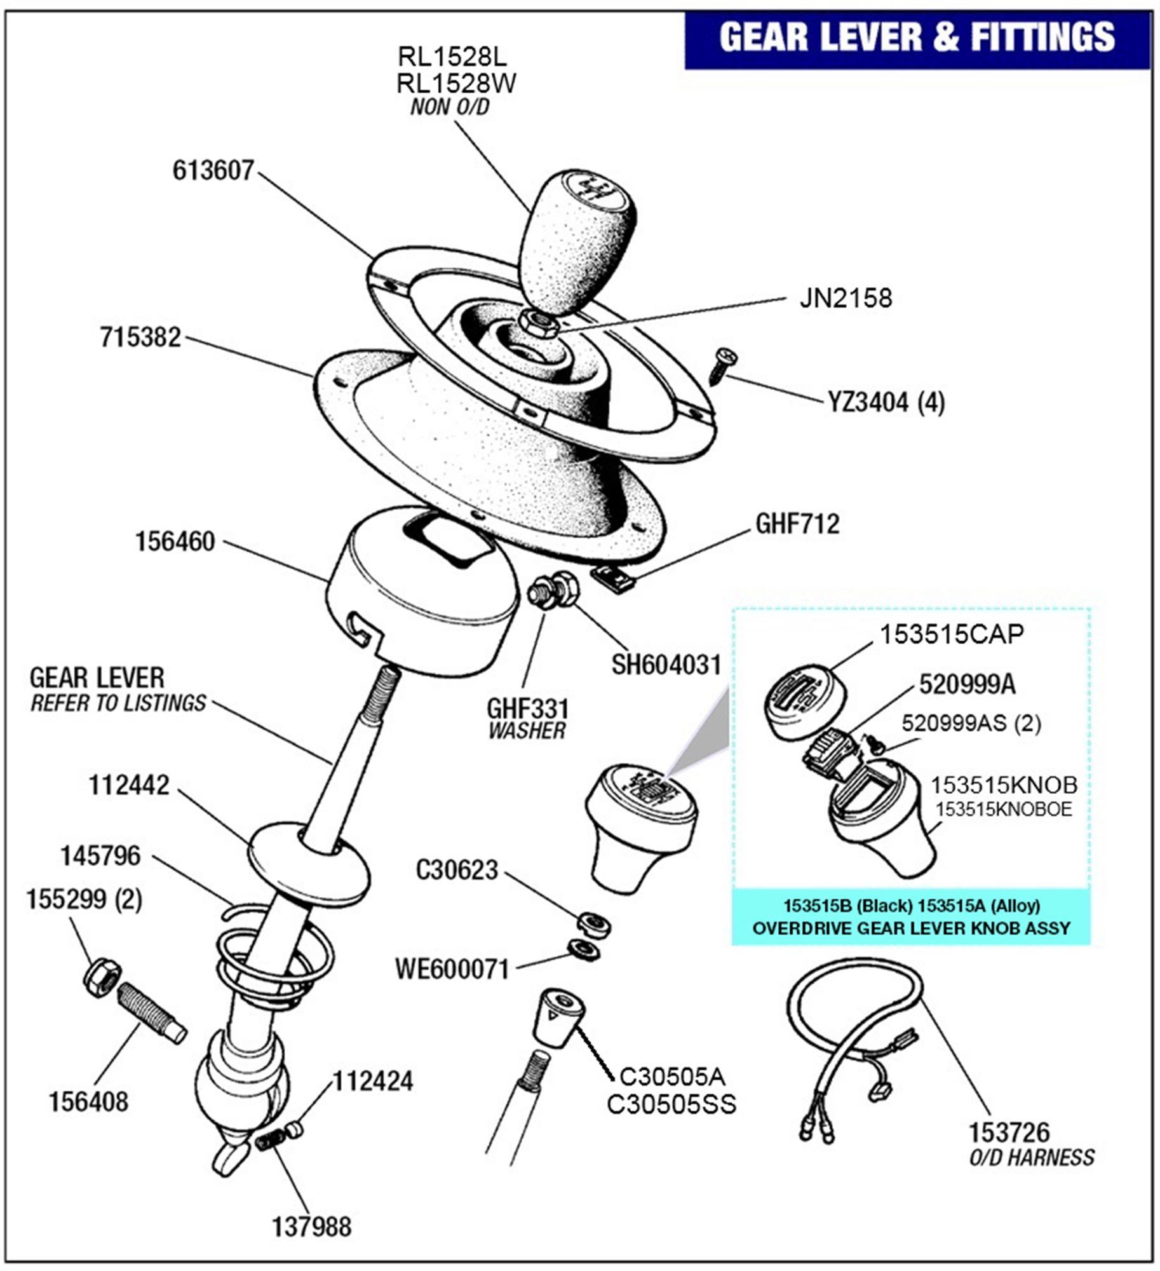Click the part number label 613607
coord(213,170)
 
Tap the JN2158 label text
coord(845,298)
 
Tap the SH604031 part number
coord(666,665)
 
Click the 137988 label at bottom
coord(311,1227)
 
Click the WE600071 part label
coord(452,969)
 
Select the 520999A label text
coord(967,684)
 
